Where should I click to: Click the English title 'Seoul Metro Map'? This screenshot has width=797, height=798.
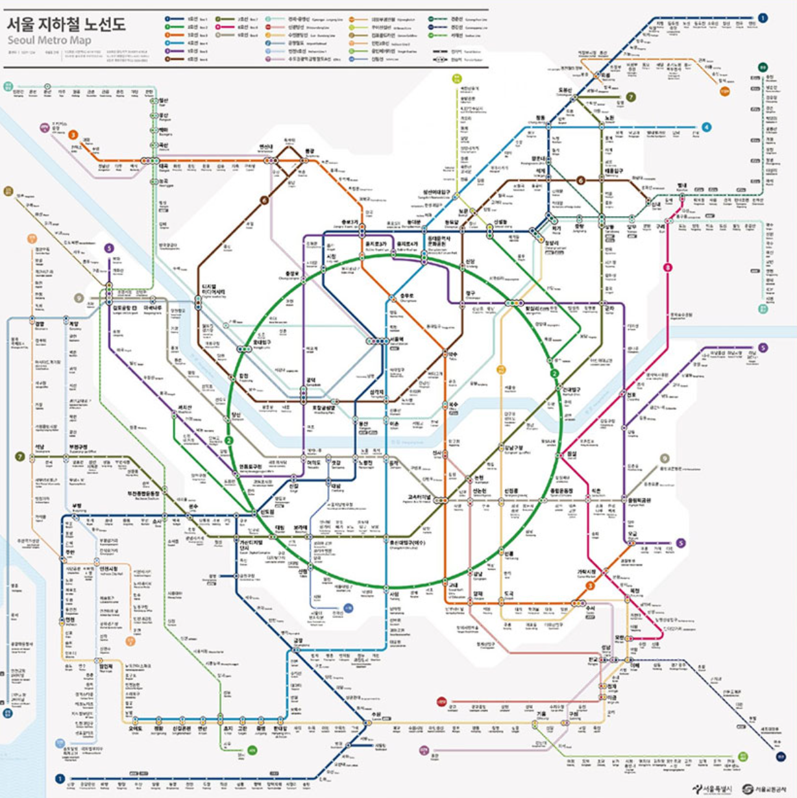(x=49, y=41)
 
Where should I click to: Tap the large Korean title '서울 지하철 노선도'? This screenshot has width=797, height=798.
(x=66, y=25)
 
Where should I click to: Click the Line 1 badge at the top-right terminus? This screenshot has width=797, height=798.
(x=763, y=18)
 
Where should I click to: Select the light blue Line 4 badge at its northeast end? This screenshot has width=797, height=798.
(x=706, y=127)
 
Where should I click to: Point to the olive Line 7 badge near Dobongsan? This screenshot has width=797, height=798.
(x=630, y=97)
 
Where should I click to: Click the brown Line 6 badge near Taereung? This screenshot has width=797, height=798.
(x=581, y=180)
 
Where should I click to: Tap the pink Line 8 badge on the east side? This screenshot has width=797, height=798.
(x=667, y=267)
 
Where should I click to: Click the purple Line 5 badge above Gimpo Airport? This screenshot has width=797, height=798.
(x=109, y=248)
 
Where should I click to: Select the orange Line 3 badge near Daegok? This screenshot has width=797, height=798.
(x=73, y=136)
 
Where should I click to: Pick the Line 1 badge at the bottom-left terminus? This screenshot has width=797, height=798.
(x=60, y=779)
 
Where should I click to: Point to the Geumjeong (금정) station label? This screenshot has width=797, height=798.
(x=298, y=640)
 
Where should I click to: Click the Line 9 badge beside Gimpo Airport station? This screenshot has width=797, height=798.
(x=79, y=298)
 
